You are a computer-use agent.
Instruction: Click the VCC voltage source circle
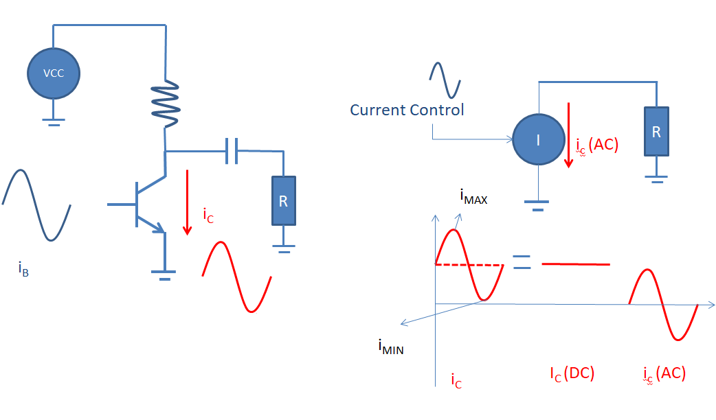(54, 73)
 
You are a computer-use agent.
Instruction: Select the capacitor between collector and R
(232, 150)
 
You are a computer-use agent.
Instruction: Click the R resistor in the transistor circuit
(284, 200)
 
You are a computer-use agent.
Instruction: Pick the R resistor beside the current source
(656, 131)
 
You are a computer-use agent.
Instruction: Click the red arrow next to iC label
(186, 203)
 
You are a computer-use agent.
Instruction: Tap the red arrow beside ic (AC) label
(568, 134)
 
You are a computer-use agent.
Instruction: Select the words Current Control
(407, 110)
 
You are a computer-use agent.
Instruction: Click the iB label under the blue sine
(23, 268)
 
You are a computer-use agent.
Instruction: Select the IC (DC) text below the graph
(572, 373)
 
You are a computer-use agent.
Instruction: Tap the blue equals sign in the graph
(522, 262)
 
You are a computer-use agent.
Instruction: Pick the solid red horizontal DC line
(576, 264)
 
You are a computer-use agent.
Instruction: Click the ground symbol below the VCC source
(53, 122)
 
